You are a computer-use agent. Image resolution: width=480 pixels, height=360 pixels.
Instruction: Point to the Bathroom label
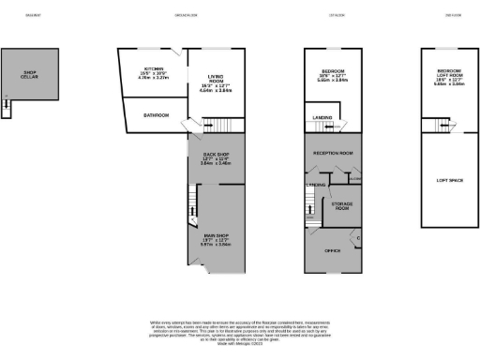pyautogui.click(x=156, y=115)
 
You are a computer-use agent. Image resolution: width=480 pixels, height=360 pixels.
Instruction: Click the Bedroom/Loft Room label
pyautogui.click(x=448, y=75)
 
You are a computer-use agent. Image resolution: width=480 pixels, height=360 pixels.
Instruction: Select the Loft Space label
pyautogui.click(x=448, y=177)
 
